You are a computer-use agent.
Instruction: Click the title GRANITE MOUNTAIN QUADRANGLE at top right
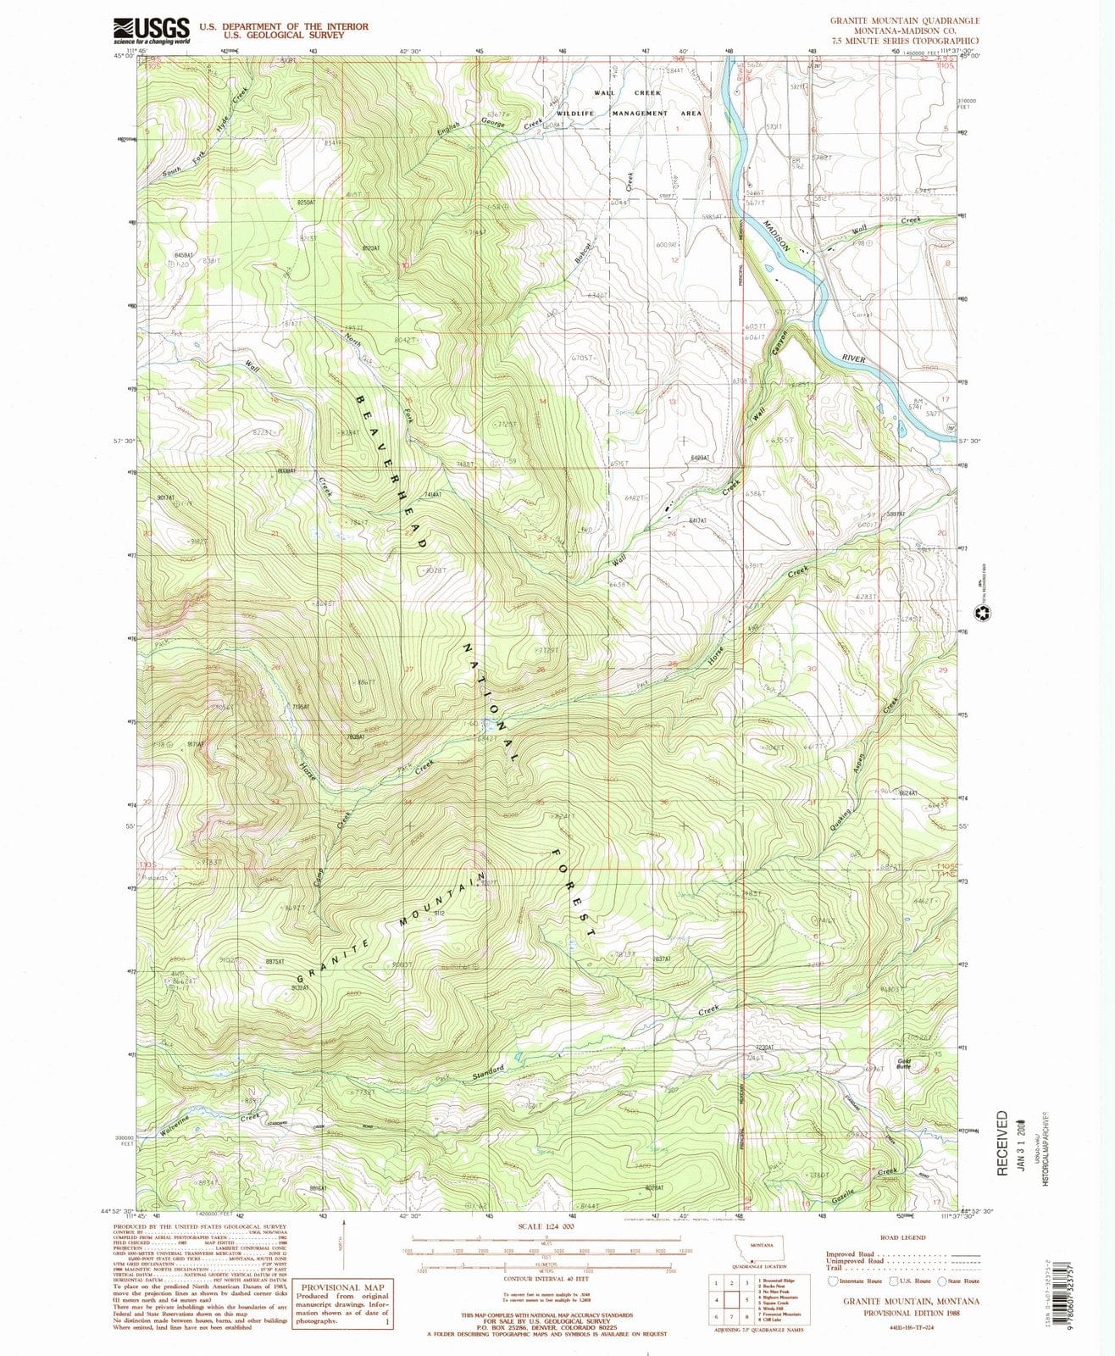[905, 20]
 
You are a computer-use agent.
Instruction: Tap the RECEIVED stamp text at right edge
[1003, 1143]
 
